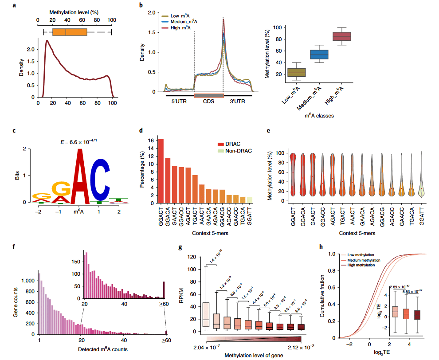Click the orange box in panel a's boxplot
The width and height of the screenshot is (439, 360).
(70, 32)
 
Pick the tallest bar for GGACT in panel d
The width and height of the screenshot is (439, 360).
(161, 170)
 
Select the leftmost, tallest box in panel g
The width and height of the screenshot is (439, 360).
(206, 314)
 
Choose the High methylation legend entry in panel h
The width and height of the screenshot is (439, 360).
(360, 265)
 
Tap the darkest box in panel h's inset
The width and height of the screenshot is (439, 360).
(416, 314)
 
